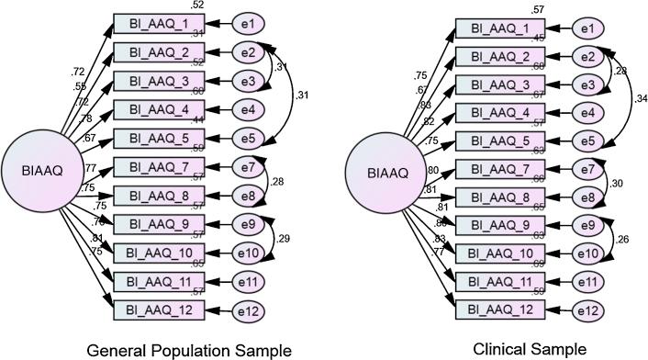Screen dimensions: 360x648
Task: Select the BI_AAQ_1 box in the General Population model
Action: (x=154, y=23)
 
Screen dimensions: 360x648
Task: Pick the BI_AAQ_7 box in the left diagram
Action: (x=154, y=168)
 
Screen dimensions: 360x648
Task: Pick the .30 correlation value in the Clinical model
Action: (x=617, y=184)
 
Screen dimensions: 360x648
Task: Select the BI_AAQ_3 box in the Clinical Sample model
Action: (x=501, y=85)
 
